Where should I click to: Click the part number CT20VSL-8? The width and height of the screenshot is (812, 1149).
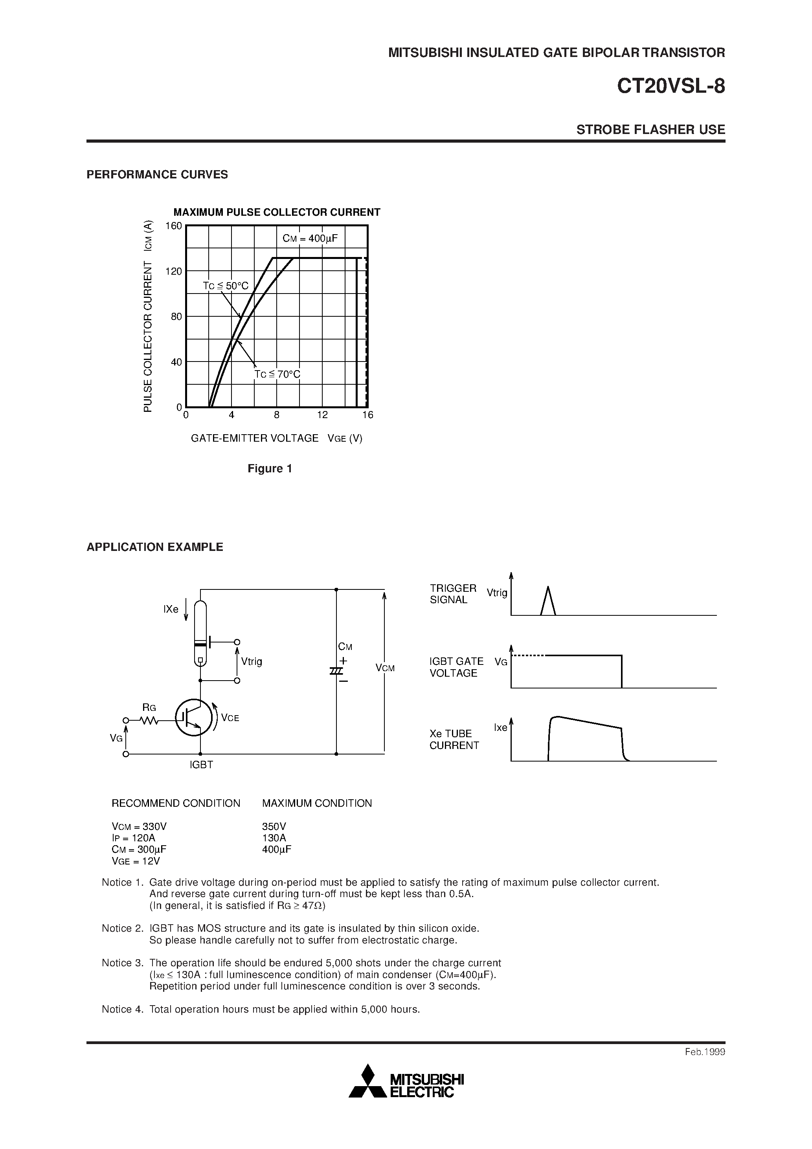tap(671, 86)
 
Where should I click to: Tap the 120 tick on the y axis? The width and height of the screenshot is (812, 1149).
tap(174, 271)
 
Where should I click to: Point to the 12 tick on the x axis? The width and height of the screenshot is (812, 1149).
tap(322, 415)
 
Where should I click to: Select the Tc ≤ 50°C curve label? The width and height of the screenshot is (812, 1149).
tap(225, 286)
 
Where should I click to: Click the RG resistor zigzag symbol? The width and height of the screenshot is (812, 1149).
tap(149, 720)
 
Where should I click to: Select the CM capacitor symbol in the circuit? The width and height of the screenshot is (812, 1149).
tap(336, 671)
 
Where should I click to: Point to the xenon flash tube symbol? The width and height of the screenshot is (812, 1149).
tap(200, 634)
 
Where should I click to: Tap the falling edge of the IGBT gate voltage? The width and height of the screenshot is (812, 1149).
tap(622, 671)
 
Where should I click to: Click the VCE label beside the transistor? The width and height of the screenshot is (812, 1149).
tap(230, 718)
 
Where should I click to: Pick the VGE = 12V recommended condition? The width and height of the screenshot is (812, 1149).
tap(136, 861)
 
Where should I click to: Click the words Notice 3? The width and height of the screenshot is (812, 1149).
tap(123, 963)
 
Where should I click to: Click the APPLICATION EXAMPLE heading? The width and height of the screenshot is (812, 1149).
tap(155, 547)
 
